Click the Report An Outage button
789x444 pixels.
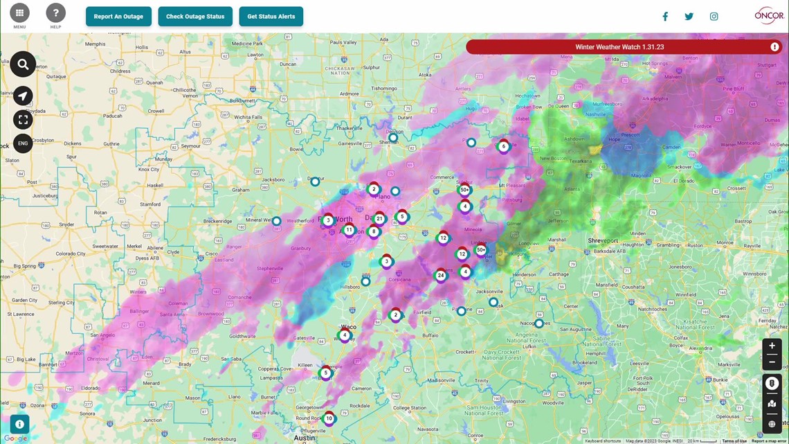click(x=118, y=17)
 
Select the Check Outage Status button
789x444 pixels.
click(x=195, y=17)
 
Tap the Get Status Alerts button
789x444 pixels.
click(x=271, y=17)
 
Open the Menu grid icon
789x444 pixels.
click(x=19, y=12)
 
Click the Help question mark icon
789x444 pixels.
click(x=55, y=12)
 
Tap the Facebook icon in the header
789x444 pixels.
click(x=665, y=17)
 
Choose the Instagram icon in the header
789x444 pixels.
click(x=714, y=17)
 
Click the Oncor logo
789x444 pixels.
click(x=769, y=15)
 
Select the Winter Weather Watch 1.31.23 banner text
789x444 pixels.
click(x=619, y=47)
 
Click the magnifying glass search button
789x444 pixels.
click(x=23, y=64)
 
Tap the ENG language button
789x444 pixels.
click(x=23, y=143)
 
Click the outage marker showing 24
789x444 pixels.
click(x=441, y=275)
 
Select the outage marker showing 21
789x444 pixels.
click(x=379, y=219)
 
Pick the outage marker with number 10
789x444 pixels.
click(x=329, y=418)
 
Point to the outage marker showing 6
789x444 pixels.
click(x=503, y=146)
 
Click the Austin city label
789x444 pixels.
click(x=305, y=438)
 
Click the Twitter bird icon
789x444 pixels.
click(x=689, y=17)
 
